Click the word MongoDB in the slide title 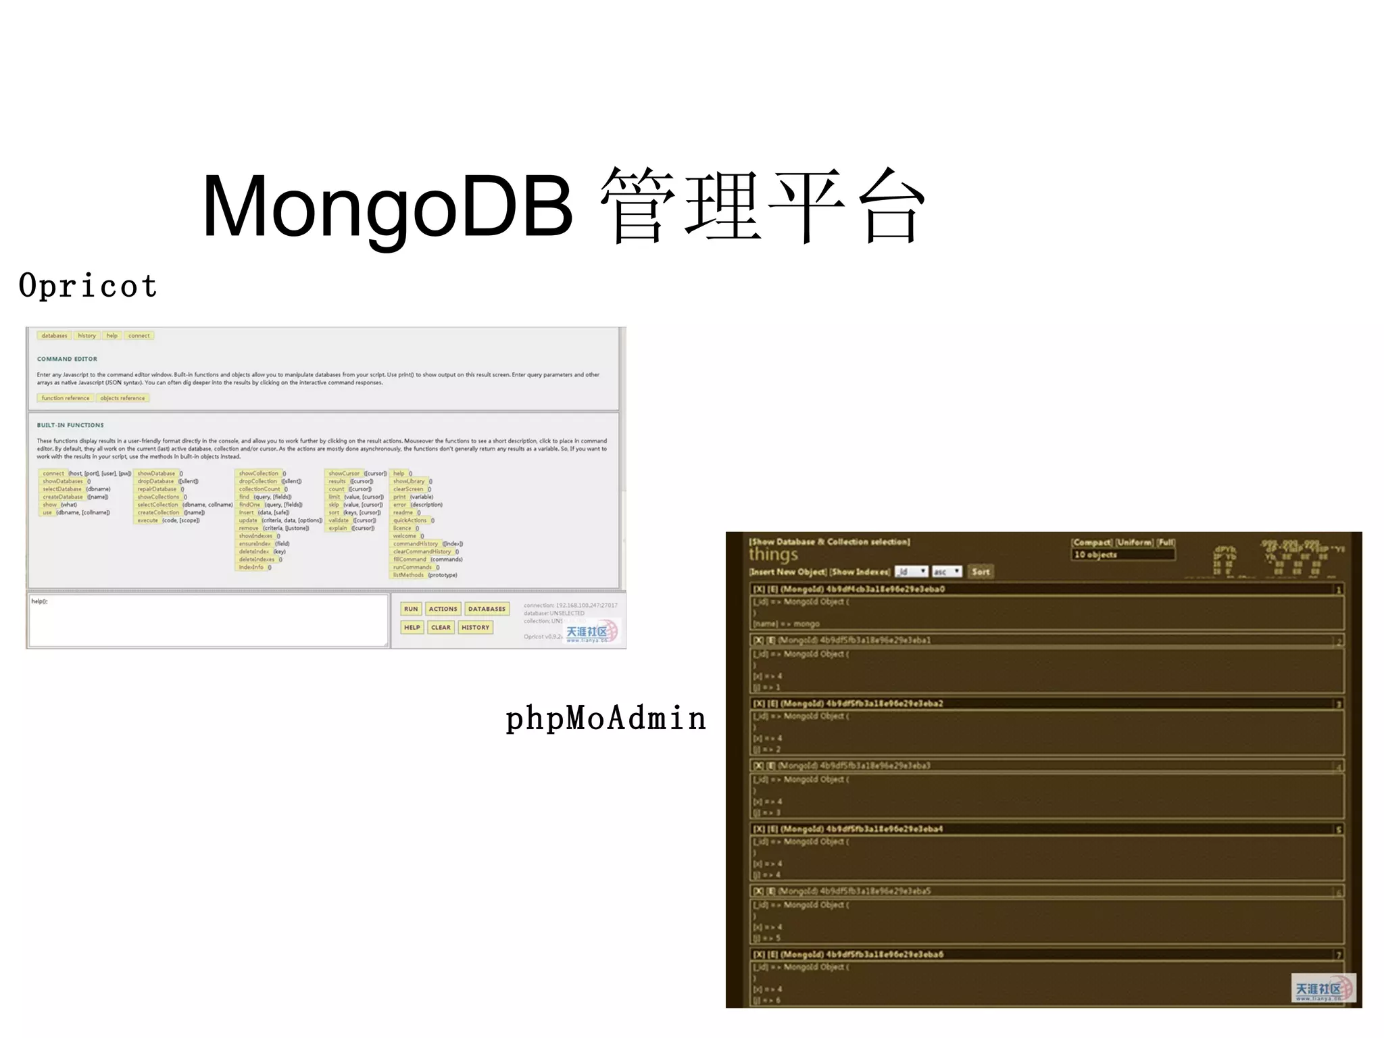pos(387,207)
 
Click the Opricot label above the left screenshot pos(88,287)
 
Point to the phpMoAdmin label pos(605,718)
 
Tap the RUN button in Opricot pos(411,609)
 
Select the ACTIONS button pos(443,609)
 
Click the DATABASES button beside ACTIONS pos(487,609)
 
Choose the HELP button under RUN pos(412,627)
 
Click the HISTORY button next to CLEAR pos(476,627)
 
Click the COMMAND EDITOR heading pos(67,359)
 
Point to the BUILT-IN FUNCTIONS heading pos(70,425)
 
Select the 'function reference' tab pos(66,398)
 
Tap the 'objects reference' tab pos(122,398)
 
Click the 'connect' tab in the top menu pos(139,335)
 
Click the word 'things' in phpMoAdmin pos(773,555)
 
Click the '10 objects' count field pos(1122,555)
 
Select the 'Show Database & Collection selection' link pos(829,542)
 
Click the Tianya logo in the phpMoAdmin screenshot pos(1323,989)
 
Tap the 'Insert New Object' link pos(787,572)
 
